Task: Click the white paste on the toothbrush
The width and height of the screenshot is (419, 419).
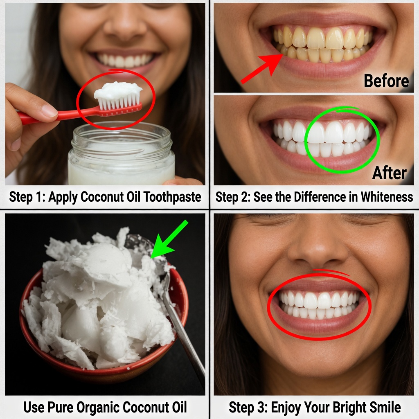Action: click(x=118, y=90)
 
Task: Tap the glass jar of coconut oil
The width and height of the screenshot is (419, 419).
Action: click(x=122, y=154)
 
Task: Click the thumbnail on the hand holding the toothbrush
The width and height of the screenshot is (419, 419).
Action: click(x=50, y=110)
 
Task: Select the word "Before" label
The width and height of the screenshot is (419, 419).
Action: click(x=386, y=81)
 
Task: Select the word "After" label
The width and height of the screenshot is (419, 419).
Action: click(x=390, y=173)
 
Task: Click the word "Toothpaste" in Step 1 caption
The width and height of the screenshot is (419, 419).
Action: click(x=172, y=197)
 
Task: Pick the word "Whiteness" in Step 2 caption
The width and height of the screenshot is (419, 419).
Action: click(x=387, y=197)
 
